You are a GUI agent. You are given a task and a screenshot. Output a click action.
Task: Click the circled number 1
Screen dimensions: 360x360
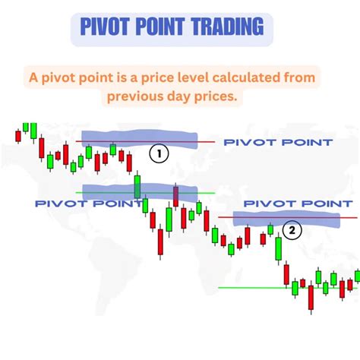pos(158,153)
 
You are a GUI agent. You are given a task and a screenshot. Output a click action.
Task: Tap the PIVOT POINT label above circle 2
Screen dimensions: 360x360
pos(298,204)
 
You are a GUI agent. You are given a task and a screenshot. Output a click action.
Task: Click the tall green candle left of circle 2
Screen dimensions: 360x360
pos(278,250)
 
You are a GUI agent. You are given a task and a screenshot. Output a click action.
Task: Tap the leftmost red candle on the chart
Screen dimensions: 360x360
pos(17,137)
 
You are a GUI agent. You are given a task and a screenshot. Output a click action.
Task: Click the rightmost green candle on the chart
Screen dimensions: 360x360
pos(357,278)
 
